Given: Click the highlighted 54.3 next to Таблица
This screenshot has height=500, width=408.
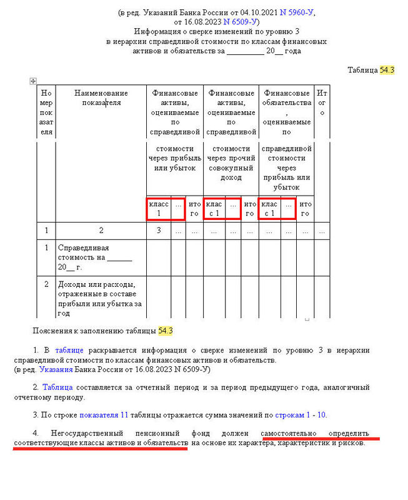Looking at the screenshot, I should [x=387, y=70].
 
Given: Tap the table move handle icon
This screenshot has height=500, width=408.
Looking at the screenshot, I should [x=32, y=81].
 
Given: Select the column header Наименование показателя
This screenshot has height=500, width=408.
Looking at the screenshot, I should [x=101, y=98].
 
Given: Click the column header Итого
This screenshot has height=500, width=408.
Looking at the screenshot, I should [x=322, y=103].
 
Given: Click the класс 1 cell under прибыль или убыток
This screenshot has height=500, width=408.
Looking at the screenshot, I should [x=159, y=209].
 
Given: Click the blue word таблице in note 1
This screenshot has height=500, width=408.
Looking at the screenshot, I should [x=69, y=350].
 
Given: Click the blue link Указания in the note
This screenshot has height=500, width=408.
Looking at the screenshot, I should [x=56, y=369].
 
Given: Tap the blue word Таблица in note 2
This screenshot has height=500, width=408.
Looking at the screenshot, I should [x=57, y=387].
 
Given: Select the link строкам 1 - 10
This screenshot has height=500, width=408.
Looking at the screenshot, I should [x=300, y=414].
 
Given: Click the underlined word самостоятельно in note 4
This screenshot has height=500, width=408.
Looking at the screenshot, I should [x=289, y=433].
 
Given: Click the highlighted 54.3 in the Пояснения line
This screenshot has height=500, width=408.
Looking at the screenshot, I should [x=165, y=330].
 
